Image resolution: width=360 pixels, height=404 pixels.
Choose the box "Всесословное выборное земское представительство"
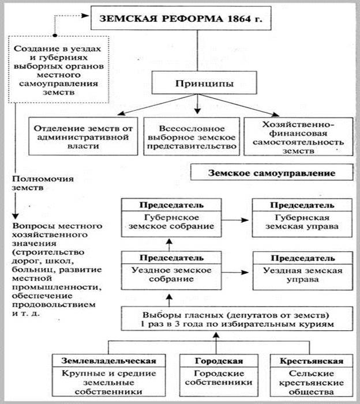190,137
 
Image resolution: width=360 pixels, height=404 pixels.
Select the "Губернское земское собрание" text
166,222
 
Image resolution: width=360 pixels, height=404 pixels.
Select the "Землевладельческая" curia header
109,361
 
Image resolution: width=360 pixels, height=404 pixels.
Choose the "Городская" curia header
215,361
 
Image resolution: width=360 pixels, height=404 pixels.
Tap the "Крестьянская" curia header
312,361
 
